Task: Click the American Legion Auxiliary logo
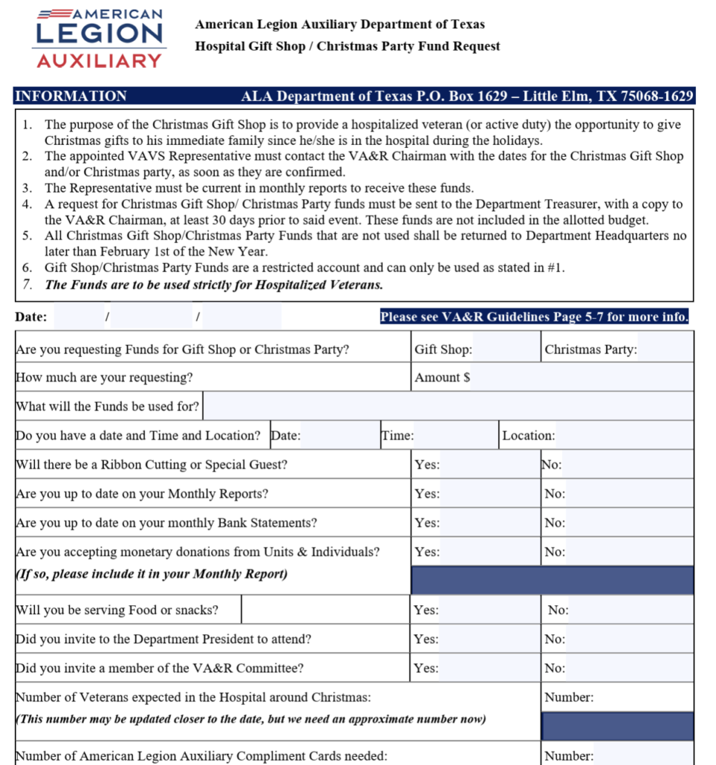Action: pyautogui.click(x=99, y=38)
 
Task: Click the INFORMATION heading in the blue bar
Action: pyautogui.click(x=71, y=96)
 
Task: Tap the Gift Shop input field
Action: pyautogui.click(x=505, y=349)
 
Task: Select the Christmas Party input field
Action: pyautogui.click(x=665, y=349)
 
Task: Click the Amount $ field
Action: pyautogui.click(x=581, y=377)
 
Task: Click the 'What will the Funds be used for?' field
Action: pyautogui.click(x=448, y=406)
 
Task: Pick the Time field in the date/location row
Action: pyautogui.click(x=455, y=436)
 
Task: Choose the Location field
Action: pyautogui.click(x=624, y=436)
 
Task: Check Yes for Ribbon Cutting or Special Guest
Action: pyautogui.click(x=489, y=465)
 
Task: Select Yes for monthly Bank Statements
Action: pyautogui.click(x=489, y=523)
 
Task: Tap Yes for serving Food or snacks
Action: pyautogui.click(x=489, y=610)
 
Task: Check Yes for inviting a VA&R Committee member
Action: pyautogui.click(x=489, y=669)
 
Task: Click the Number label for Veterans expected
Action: pyautogui.click(x=569, y=698)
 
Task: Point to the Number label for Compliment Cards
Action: pyautogui.click(x=569, y=756)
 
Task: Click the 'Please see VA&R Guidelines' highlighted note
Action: pyautogui.click(x=535, y=317)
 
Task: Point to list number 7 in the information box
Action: pyautogui.click(x=28, y=284)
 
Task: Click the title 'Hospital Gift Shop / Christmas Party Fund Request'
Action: pyautogui.click(x=348, y=46)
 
